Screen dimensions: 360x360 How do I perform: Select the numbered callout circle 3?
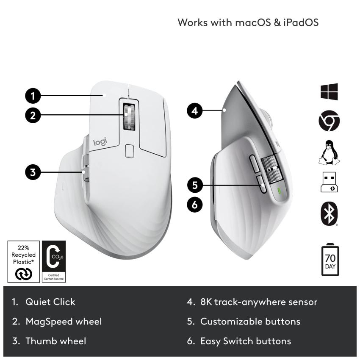point(32,172)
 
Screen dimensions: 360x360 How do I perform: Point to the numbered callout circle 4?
point(194,111)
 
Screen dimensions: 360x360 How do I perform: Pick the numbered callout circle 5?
point(194,185)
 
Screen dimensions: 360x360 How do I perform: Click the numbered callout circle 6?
point(194,205)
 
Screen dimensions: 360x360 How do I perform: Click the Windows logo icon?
point(329,92)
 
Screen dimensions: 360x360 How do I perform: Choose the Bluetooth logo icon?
point(329,214)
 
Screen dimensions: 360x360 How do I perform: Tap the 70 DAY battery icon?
point(330,259)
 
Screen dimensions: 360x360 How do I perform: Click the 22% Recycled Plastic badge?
point(24,261)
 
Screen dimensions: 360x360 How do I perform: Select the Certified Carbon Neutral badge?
point(54,261)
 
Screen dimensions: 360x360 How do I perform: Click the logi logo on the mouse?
point(100,143)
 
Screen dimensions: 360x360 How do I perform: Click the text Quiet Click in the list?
point(50,302)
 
